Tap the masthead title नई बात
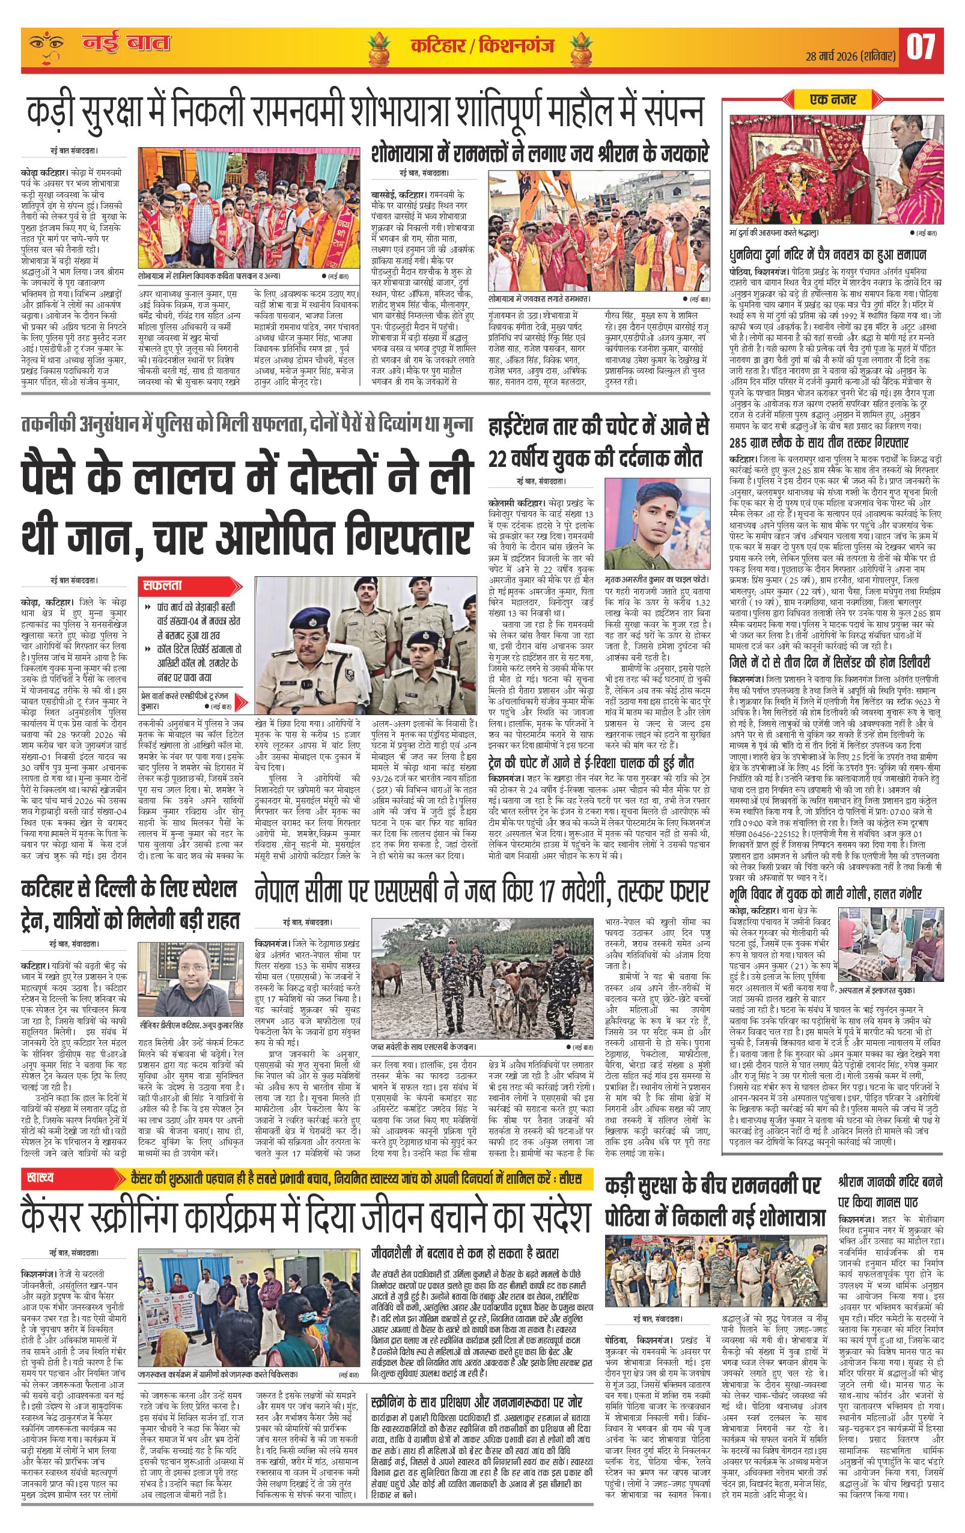coord(126,44)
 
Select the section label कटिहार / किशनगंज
coord(481,46)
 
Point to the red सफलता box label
coord(163,583)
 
